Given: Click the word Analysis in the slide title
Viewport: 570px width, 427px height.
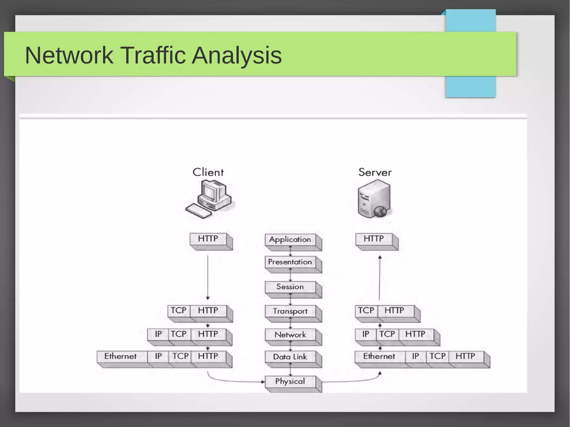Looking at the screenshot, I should click(x=237, y=55).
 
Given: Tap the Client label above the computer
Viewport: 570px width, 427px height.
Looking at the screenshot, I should click(x=208, y=172).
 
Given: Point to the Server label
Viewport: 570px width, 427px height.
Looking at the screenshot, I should click(x=375, y=172).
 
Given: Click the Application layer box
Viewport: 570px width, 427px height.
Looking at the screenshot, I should click(x=290, y=240).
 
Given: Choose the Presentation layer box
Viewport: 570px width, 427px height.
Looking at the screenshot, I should click(x=290, y=262).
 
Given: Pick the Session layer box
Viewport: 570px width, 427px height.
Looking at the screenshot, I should click(x=290, y=287).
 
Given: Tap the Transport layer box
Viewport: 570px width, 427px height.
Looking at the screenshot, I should click(x=290, y=311).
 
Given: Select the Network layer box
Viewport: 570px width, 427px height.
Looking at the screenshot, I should click(x=290, y=334).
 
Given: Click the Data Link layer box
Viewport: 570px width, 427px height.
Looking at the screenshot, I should click(x=290, y=357).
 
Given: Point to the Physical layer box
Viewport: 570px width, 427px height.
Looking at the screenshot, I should click(x=290, y=381).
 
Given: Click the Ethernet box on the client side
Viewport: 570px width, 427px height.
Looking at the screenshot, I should click(x=121, y=356).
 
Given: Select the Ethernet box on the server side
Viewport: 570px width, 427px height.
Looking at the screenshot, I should click(x=379, y=356).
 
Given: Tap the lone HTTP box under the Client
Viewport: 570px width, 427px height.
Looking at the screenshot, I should click(x=208, y=239).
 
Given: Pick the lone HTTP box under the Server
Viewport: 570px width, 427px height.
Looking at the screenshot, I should click(x=374, y=239).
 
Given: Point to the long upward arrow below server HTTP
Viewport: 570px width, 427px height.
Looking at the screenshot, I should click(x=380, y=278).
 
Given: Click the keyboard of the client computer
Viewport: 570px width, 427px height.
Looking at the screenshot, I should click(x=198, y=211).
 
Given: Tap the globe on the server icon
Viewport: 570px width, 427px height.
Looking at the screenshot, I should click(x=380, y=211).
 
